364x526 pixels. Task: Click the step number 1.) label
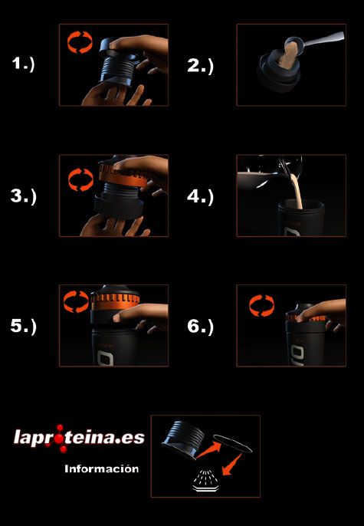click(x=23, y=64)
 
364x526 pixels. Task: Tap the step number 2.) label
click(x=200, y=66)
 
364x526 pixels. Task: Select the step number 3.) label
click(x=23, y=196)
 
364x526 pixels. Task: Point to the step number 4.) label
click(x=200, y=197)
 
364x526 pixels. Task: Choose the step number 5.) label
click(x=23, y=327)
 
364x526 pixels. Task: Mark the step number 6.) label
click(x=200, y=327)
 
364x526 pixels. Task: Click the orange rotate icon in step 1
click(x=80, y=42)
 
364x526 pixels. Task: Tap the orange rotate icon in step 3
click(x=80, y=179)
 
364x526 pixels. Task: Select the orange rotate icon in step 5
click(x=76, y=301)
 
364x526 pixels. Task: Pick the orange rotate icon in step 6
click(x=261, y=306)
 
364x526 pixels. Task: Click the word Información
click(x=102, y=468)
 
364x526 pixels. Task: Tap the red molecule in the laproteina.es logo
click(x=61, y=438)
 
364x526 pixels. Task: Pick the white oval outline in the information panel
click(x=233, y=443)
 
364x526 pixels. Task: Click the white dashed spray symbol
click(x=205, y=481)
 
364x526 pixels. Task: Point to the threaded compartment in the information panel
click(x=184, y=439)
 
